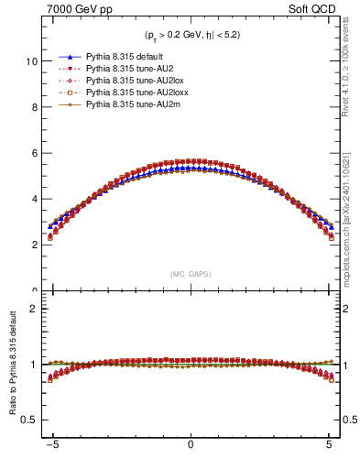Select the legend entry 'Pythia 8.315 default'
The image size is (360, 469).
click(124, 57)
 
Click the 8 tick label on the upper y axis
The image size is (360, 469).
click(34, 107)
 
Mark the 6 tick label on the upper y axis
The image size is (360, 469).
click(34, 153)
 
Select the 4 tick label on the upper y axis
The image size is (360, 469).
click(34, 199)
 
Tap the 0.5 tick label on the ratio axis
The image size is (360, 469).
click(29, 420)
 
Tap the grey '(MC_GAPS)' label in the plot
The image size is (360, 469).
click(190, 274)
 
